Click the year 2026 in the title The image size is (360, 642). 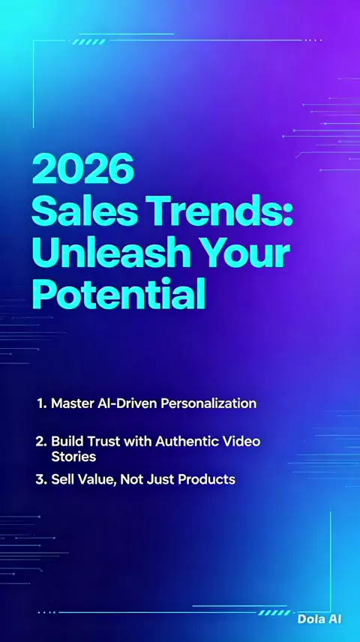pyautogui.click(x=83, y=169)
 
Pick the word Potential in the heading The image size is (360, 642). pyautogui.click(x=118, y=294)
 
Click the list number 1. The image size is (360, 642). pyautogui.click(x=41, y=403)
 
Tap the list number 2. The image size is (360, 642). pyautogui.click(x=41, y=441)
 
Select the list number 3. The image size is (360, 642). pyautogui.click(x=41, y=479)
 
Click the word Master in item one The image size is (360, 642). pyautogui.click(x=70, y=403)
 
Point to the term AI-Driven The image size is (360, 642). pyautogui.click(x=126, y=403)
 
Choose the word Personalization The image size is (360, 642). pyautogui.click(x=208, y=404)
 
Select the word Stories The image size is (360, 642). pyautogui.click(x=73, y=457)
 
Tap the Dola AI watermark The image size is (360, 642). pyautogui.click(x=319, y=619)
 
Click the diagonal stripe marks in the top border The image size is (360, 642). pyautogui.click(x=88, y=42)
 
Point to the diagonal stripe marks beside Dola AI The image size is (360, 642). pyautogui.click(x=274, y=613)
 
